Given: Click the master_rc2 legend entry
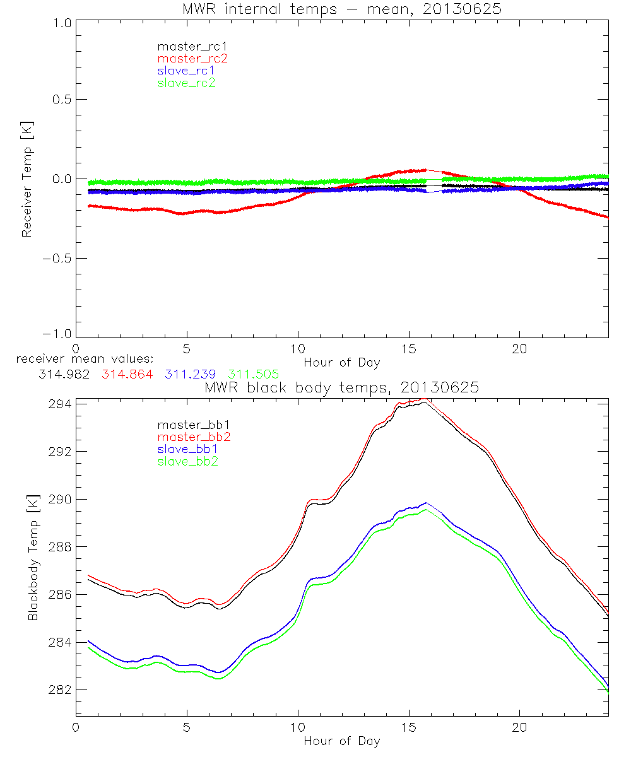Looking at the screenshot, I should point(192,59).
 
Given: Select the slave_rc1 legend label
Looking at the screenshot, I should point(187,71).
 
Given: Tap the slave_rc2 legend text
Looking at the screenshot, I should point(187,83).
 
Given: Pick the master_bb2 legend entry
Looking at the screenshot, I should point(192,438).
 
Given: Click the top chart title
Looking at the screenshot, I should point(341,9).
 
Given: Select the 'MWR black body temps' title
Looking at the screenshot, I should point(341,387).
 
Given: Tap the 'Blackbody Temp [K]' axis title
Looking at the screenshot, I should point(33,558).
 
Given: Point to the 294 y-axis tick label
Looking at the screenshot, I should point(58,404).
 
